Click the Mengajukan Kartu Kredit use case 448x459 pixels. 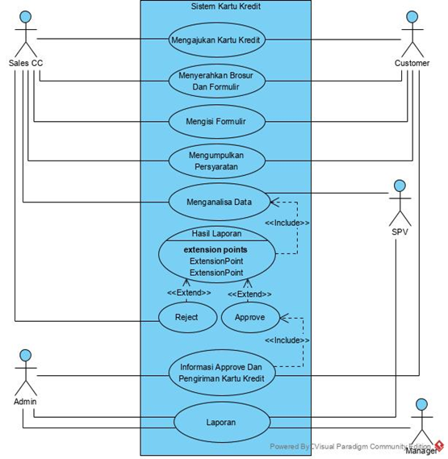tap(217, 40)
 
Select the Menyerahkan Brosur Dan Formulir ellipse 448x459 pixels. tap(217, 81)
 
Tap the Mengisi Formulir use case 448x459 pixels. tap(217, 122)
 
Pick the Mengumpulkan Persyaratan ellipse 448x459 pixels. tap(217, 161)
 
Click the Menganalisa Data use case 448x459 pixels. tap(220, 202)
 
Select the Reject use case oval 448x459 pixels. tap(187, 317)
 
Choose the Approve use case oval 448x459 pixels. tap(250, 317)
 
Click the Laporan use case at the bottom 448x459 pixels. tap(222, 423)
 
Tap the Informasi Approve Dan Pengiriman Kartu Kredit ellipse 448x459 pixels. tap(222, 373)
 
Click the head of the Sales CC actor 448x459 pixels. tap(26, 17)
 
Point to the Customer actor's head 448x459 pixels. tap(412, 17)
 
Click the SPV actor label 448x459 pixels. tap(400, 232)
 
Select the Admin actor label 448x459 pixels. tap(25, 402)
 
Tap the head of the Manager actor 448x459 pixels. tap(421, 404)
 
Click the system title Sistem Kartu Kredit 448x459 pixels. tap(225, 6)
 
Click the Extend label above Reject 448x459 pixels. tap(189, 293)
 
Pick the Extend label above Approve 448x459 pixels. tap(249, 294)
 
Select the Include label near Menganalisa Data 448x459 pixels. tap(287, 223)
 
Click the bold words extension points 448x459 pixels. tap(216, 250)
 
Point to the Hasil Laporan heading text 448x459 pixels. tap(216, 233)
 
